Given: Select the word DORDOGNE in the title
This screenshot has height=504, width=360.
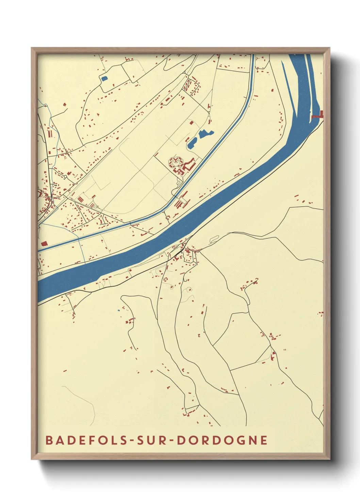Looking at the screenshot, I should coord(222,440).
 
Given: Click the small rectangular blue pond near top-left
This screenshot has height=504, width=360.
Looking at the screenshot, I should coord(104,79).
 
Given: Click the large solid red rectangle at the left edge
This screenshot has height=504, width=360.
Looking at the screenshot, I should coord(44,243).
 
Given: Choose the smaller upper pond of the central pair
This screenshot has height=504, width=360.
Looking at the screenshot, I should coord(206,133).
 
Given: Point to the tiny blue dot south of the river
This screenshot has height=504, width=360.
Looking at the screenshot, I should coord(118,310).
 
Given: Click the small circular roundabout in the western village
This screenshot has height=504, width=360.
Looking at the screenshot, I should coord(65,177).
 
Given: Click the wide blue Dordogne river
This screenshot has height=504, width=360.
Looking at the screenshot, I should coord(191,221).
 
